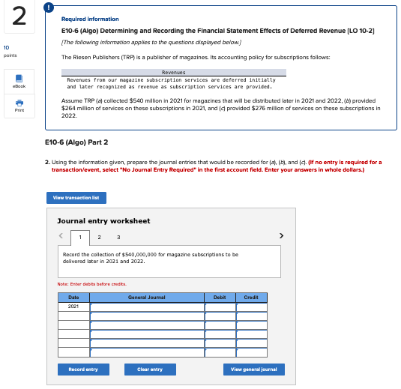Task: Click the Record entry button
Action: pyautogui.click(x=82, y=370)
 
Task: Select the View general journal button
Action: pyautogui.click(x=253, y=370)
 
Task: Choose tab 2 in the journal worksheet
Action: pyautogui.click(x=99, y=237)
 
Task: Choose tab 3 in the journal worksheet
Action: pyautogui.click(x=117, y=237)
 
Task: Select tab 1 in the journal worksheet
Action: pyautogui.click(x=80, y=237)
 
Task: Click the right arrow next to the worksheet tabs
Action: pyautogui.click(x=282, y=236)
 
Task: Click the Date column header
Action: pyautogui.click(x=73, y=298)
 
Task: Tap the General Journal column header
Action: pyautogui.click(x=147, y=298)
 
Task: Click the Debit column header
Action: pyautogui.click(x=220, y=298)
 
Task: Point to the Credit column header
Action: pyautogui.click(x=251, y=298)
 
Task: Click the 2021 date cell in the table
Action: pyautogui.click(x=73, y=307)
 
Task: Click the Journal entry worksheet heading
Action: pyautogui.click(x=103, y=221)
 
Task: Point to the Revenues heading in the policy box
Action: pyautogui.click(x=174, y=73)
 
